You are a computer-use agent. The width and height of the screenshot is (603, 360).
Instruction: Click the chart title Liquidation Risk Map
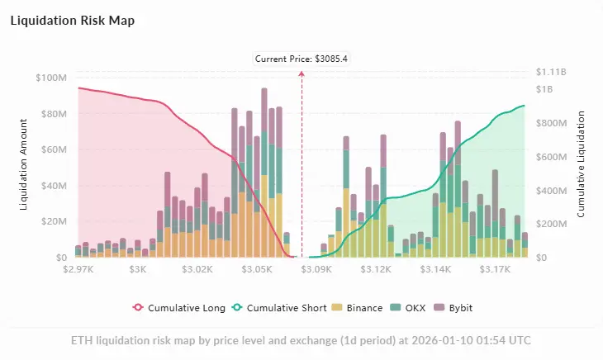tap(73, 21)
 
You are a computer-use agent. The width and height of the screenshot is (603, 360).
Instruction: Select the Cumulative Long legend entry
tap(179, 308)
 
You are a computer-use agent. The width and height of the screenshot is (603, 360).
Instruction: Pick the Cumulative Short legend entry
tap(278, 308)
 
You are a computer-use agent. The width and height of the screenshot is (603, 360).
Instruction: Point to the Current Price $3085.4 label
tap(301, 59)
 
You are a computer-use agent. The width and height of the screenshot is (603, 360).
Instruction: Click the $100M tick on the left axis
tap(51, 78)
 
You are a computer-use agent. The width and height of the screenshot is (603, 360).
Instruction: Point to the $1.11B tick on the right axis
tap(552, 72)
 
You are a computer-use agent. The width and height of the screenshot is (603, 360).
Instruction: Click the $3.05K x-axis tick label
tap(258, 269)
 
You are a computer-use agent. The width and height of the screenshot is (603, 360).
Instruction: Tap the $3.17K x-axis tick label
tap(496, 269)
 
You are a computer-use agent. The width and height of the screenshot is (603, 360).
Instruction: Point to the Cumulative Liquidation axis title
tap(581, 165)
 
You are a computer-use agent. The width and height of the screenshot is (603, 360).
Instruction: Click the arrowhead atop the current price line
tap(301, 73)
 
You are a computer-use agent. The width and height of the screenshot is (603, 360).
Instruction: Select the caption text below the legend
tap(301, 340)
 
